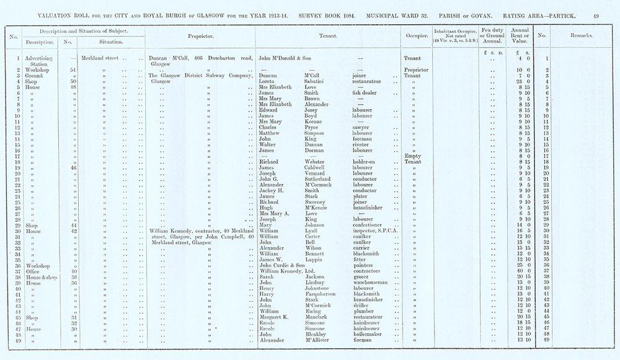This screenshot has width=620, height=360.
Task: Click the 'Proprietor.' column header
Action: [x=200, y=36]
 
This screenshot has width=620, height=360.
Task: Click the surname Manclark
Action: [x=317, y=317]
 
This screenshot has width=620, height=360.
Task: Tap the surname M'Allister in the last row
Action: [x=319, y=340]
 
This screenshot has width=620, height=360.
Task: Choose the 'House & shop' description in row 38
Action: [x=42, y=277]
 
